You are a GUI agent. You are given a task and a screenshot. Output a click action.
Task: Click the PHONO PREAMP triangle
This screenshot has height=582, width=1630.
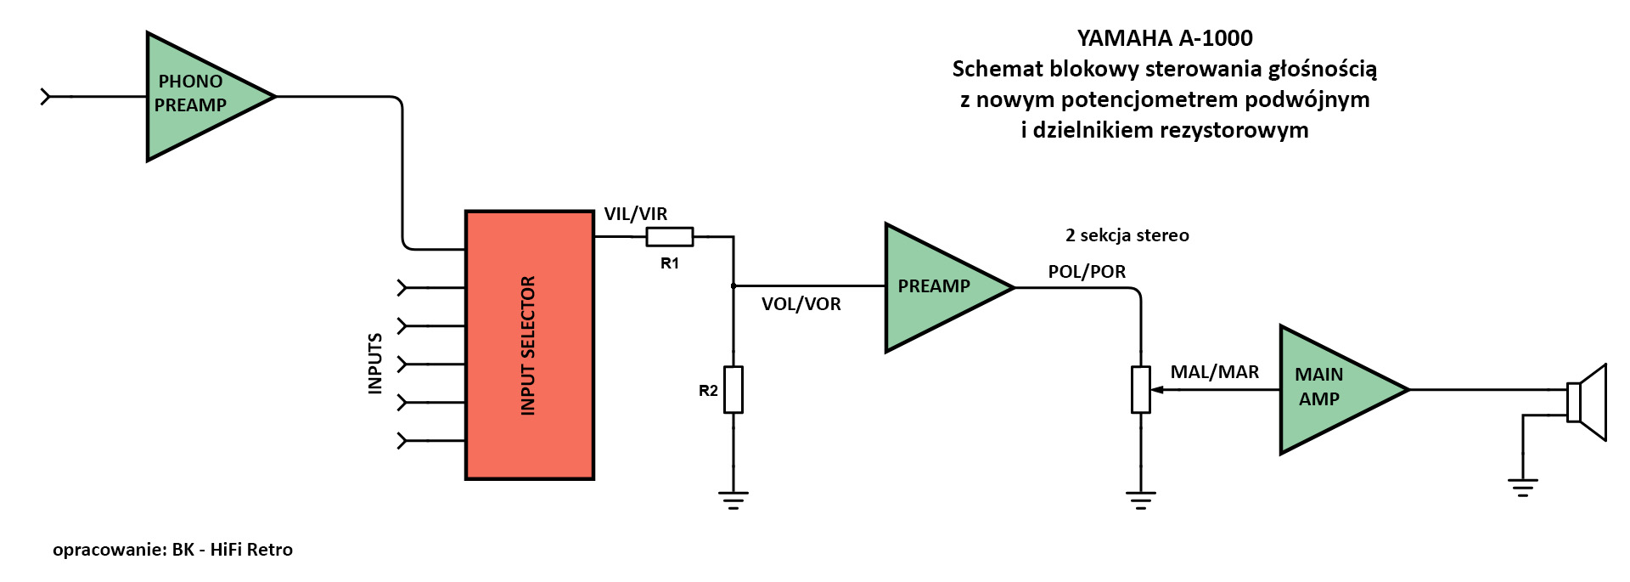click(200, 96)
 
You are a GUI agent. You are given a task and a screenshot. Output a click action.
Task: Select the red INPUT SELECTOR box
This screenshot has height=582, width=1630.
click(529, 345)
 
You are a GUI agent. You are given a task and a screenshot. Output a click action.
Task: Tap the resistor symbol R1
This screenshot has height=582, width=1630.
click(669, 237)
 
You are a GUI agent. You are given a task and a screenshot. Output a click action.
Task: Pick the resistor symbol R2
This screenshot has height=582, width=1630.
click(733, 390)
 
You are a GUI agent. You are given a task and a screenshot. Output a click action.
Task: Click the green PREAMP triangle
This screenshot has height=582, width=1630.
click(938, 287)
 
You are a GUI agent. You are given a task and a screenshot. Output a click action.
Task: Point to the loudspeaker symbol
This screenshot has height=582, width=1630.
click(1587, 402)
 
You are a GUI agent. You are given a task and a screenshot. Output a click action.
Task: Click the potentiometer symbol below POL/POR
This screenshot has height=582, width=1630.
click(1140, 390)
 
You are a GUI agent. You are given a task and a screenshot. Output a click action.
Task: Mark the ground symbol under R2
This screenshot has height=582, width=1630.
click(733, 499)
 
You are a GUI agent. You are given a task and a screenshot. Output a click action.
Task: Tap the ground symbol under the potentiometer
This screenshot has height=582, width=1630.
click(1140, 499)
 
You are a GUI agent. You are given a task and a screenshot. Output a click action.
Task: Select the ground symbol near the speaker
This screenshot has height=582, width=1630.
click(1523, 487)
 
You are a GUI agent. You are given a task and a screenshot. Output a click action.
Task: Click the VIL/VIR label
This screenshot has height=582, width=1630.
click(635, 214)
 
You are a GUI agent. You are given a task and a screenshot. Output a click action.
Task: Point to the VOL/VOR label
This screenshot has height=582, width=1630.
click(801, 304)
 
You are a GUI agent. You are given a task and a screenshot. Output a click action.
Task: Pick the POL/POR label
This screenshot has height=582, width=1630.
click(1087, 272)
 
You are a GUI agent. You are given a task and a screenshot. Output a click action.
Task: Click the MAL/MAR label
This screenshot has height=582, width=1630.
click(1214, 372)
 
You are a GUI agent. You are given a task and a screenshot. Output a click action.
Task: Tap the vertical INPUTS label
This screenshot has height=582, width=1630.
click(374, 364)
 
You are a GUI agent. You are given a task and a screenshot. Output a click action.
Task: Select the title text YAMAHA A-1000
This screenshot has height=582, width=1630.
click(1164, 38)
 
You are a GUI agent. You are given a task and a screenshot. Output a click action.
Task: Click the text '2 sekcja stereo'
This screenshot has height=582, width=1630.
click(1127, 235)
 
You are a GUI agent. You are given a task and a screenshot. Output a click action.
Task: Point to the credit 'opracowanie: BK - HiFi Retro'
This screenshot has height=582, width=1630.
click(172, 550)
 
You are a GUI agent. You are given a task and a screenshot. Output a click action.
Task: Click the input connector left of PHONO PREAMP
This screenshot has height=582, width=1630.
click(46, 97)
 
